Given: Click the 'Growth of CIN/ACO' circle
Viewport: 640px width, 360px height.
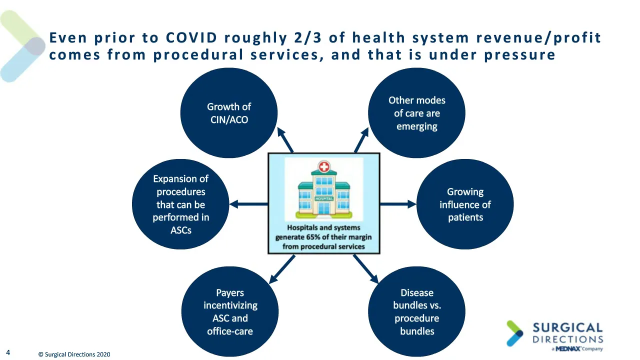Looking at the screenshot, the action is coord(229,113).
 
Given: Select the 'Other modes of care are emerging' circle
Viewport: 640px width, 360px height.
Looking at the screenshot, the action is coord(416,113).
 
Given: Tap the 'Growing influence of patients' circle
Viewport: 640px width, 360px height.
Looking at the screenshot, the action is coord(465,204).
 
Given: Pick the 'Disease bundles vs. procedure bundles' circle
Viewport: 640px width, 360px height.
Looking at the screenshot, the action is coord(416,311).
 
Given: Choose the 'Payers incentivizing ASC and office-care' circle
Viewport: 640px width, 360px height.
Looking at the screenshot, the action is coord(230,311).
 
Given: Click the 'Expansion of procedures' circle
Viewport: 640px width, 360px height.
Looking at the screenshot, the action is coord(180,204).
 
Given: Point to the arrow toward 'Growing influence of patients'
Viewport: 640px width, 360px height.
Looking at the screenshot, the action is coord(398,204).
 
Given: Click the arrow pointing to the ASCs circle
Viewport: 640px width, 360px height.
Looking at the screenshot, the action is coord(248,204).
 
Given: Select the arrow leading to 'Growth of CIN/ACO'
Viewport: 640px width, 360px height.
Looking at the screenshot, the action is coord(285,140).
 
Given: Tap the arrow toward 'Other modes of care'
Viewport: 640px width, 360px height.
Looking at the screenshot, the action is coord(361,140).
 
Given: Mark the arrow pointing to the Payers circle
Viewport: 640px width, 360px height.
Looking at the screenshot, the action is coord(282,269).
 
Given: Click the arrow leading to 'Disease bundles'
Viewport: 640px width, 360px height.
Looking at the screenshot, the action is coord(365,269).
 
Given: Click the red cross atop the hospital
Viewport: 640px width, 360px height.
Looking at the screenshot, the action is coord(323,167).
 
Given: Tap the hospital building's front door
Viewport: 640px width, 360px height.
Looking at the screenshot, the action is coord(323,208).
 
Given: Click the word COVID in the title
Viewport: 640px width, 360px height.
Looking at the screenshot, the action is coord(191,37).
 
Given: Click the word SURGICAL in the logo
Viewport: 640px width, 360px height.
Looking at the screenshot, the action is coord(567,327).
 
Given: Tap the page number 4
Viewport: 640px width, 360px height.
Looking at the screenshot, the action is coord(8,352).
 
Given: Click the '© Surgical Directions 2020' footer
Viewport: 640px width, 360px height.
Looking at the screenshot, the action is coord(74,354).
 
